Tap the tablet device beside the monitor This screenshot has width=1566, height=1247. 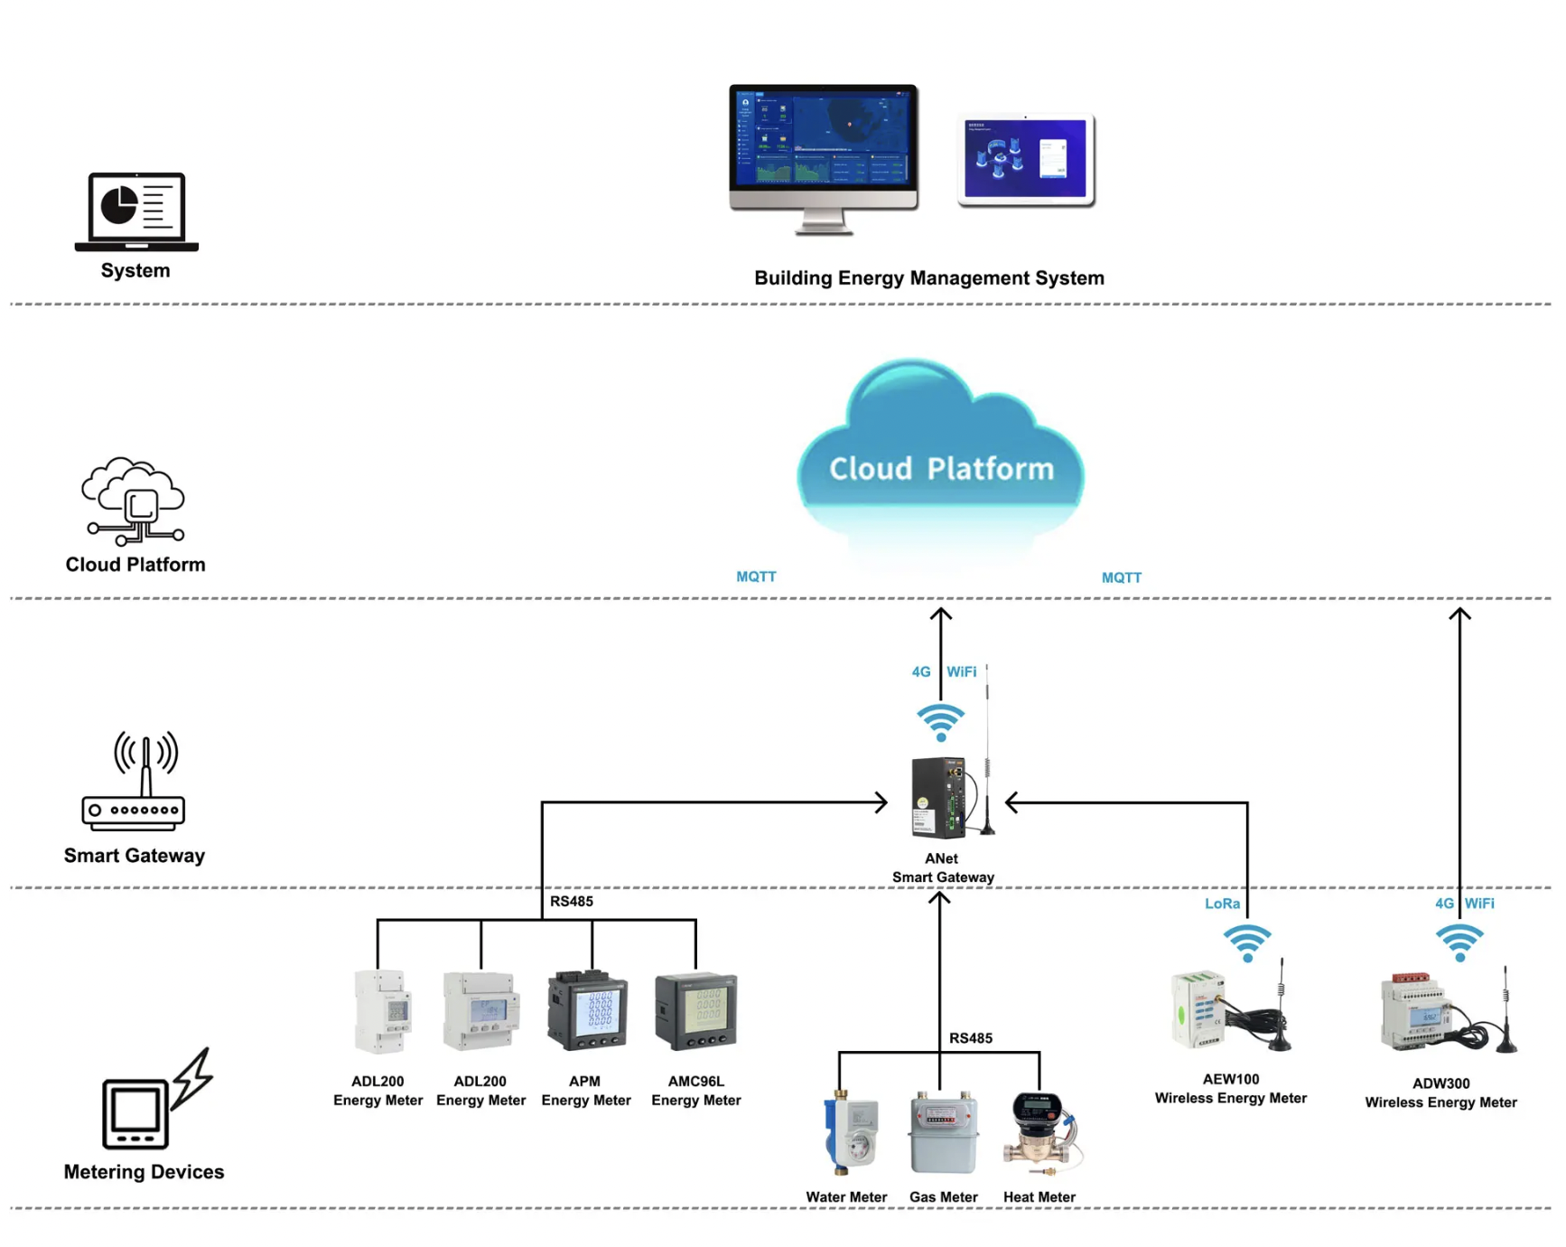(x=1026, y=159)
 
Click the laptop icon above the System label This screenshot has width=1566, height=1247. (x=136, y=211)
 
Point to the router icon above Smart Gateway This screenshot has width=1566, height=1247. (x=135, y=782)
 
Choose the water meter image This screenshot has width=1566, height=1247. (x=850, y=1133)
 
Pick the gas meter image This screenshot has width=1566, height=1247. (x=943, y=1133)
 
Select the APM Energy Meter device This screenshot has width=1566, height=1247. (x=587, y=1010)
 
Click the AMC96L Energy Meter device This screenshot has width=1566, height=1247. (x=695, y=1011)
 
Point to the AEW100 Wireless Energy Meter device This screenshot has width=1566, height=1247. (x=1228, y=1010)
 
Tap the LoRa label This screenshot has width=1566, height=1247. (x=1222, y=904)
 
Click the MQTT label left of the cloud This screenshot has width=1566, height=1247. (x=756, y=577)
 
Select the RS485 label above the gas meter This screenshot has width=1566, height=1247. (x=970, y=1038)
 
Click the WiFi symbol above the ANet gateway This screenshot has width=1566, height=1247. (x=940, y=722)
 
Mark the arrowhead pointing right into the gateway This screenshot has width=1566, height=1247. (x=881, y=802)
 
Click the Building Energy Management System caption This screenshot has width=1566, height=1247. (x=928, y=278)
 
